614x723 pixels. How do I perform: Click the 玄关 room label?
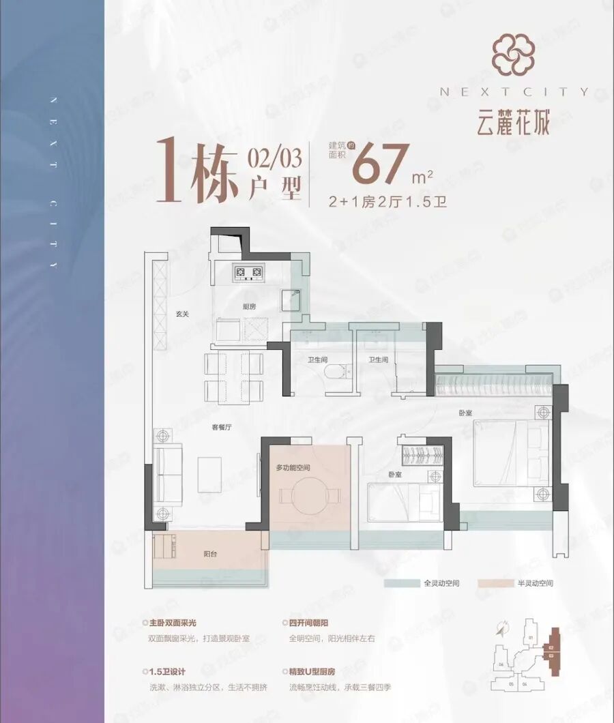pos(181,314)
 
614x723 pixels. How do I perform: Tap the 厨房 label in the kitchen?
pos(248,307)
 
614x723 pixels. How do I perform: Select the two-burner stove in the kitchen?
pos(248,274)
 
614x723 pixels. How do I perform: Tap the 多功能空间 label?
pos(293,468)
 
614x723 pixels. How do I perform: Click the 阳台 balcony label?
pos(212,555)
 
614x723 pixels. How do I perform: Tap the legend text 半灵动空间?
pos(534,584)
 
